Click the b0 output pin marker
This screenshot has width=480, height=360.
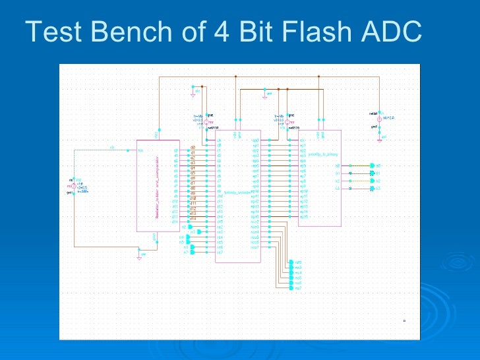tap(373, 165)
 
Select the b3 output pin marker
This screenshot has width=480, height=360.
tap(373, 189)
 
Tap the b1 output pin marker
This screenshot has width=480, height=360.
tap(373, 173)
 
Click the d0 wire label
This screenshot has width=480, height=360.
tap(193, 147)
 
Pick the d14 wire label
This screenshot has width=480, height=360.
tap(193, 218)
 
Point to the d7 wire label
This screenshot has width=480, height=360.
tap(193, 183)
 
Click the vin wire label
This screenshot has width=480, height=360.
tap(112, 147)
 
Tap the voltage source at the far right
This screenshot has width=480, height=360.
tap(380, 119)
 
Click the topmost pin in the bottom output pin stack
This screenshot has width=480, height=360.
tap(291, 262)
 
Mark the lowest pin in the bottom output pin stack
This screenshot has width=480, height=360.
tap(291, 288)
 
